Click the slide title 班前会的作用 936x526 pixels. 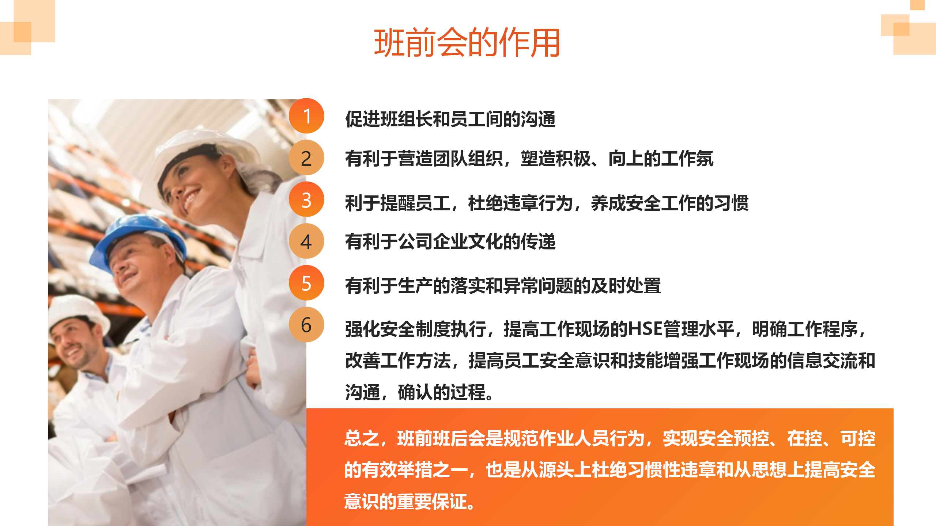pyautogui.click(x=467, y=43)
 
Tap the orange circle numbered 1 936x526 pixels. pyautogui.click(x=306, y=116)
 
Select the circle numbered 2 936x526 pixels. pyautogui.click(x=306, y=158)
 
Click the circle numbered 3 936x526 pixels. pyautogui.click(x=306, y=199)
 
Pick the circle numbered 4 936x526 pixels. pyautogui.click(x=306, y=241)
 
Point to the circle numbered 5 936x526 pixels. pyautogui.click(x=306, y=283)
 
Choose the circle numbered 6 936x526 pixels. pyautogui.click(x=306, y=325)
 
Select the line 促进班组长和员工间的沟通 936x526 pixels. pyautogui.click(x=450, y=119)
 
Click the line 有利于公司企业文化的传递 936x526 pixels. pyautogui.click(x=450, y=241)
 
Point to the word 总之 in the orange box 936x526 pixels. pyautogui.click(x=362, y=438)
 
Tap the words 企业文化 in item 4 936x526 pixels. pyautogui.click(x=468, y=241)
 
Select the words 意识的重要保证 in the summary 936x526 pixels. pyautogui.click(x=406, y=502)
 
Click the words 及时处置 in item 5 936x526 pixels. pyautogui.click(x=626, y=286)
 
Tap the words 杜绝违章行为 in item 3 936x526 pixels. pyautogui.click(x=521, y=203)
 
